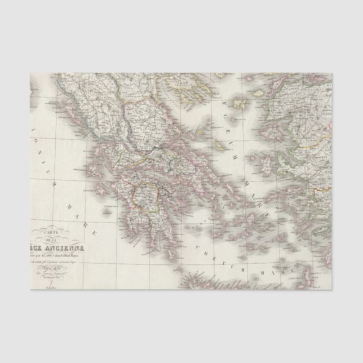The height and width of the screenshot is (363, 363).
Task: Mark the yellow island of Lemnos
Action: (238, 104)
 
